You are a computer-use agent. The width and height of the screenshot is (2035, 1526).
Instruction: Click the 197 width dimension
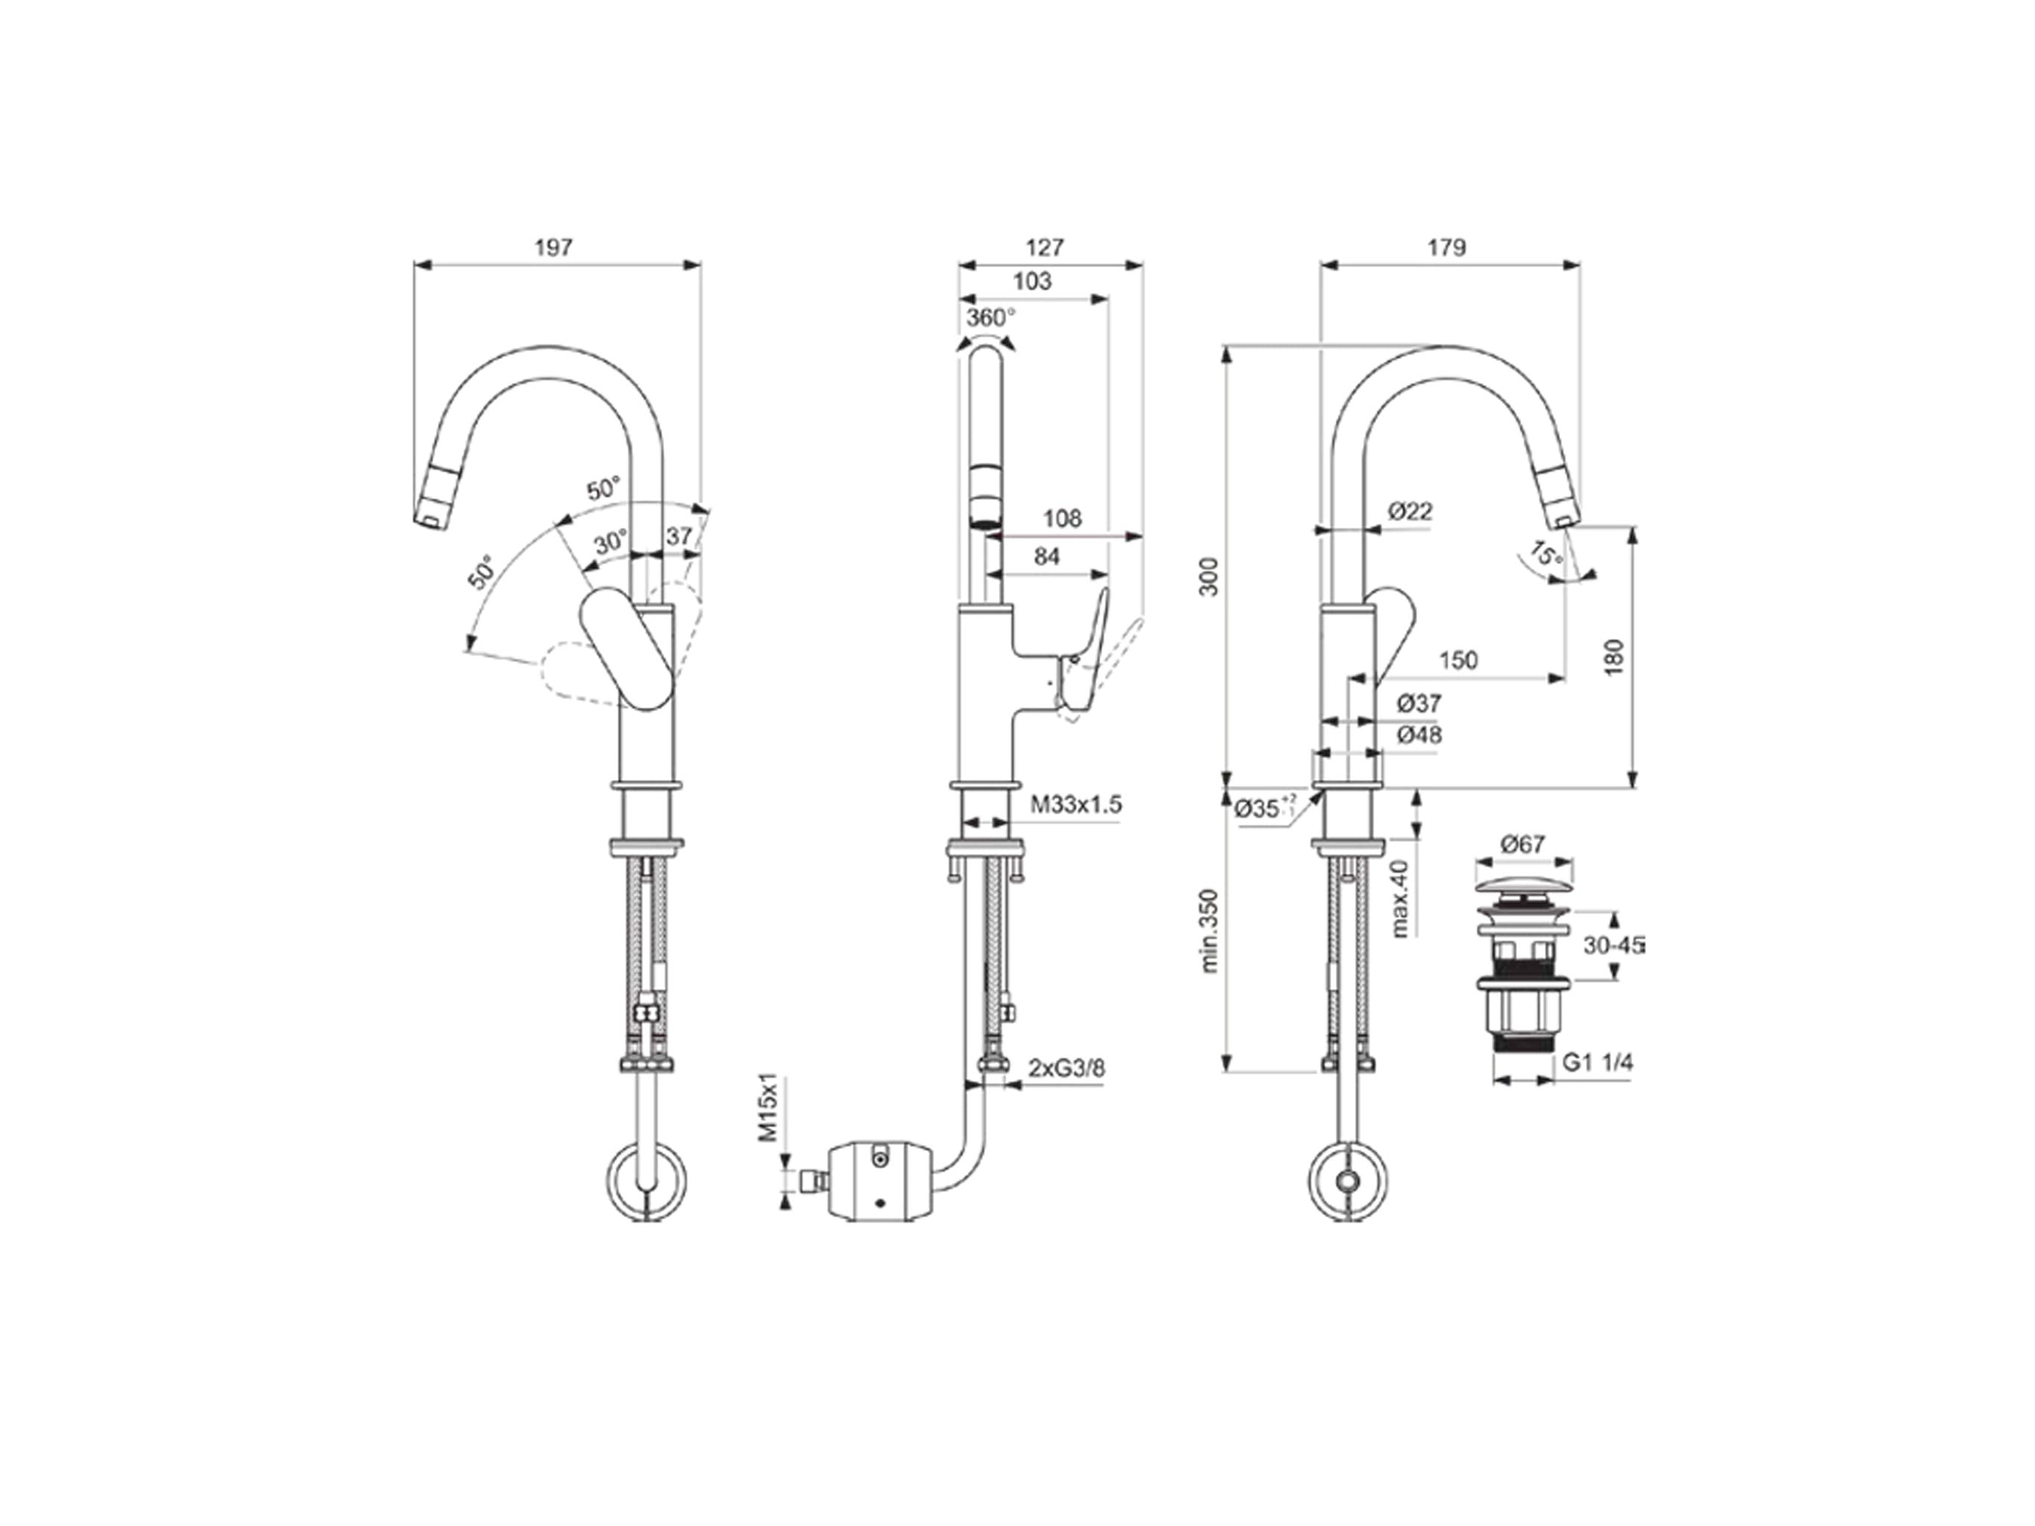(x=553, y=247)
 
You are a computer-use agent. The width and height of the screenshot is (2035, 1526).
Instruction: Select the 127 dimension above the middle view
(x=1044, y=247)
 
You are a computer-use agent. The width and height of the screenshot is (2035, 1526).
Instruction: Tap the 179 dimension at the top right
(x=1447, y=247)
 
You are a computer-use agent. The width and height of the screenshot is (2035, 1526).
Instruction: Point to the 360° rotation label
(x=991, y=317)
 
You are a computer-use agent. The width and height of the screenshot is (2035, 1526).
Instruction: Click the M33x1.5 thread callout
(x=1076, y=805)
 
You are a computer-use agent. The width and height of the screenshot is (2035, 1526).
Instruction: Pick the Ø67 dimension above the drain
(x=1523, y=843)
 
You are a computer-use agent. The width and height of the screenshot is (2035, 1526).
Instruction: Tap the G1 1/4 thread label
(x=1598, y=1063)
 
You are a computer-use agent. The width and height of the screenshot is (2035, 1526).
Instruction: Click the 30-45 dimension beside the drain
(x=1614, y=945)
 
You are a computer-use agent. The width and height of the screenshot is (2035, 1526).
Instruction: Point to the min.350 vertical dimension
(x=1209, y=930)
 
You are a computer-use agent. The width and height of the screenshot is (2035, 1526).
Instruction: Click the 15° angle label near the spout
(x=1545, y=554)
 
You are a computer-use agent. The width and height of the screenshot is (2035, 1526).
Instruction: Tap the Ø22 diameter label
(x=1410, y=510)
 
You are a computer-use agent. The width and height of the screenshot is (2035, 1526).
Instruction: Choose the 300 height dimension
(x=1209, y=577)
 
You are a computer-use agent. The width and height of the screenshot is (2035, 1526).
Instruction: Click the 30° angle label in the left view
(x=610, y=542)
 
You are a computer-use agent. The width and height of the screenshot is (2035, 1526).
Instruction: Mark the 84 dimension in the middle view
(x=1047, y=557)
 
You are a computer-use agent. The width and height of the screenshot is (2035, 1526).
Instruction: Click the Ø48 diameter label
(x=1419, y=735)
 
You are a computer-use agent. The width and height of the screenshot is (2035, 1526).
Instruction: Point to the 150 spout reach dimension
(x=1458, y=659)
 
